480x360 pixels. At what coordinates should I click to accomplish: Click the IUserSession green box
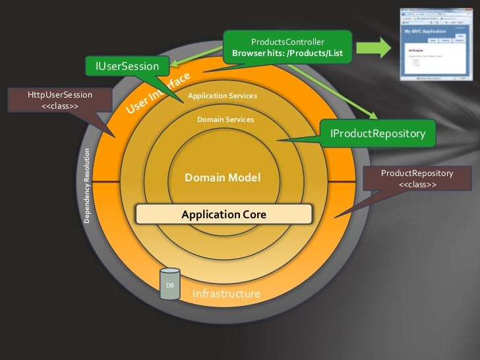click(x=128, y=65)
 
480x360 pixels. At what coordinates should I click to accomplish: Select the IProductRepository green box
click(x=377, y=134)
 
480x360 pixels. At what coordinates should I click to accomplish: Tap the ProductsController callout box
click(x=287, y=47)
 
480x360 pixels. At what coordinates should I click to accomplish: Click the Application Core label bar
click(x=223, y=214)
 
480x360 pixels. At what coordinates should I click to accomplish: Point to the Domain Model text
click(x=222, y=177)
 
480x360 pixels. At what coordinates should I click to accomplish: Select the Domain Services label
click(x=225, y=119)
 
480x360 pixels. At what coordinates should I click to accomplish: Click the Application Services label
click(x=222, y=96)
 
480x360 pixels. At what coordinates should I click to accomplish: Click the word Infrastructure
click(x=226, y=293)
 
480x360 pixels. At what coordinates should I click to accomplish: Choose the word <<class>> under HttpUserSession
click(x=60, y=106)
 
